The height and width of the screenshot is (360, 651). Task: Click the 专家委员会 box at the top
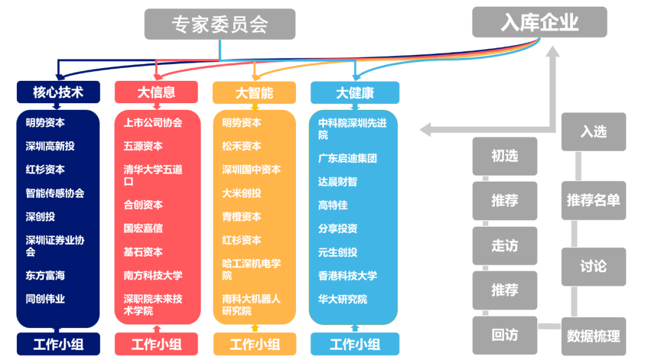tap(219, 24)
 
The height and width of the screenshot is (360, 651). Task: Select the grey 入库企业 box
tap(539, 22)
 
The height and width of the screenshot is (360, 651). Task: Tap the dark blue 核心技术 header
tap(58, 92)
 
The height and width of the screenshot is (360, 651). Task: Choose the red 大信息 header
tap(156, 92)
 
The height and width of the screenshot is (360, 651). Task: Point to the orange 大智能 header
tap(254, 92)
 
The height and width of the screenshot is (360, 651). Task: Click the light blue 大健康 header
tap(354, 92)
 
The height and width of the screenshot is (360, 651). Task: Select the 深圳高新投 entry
tap(50, 146)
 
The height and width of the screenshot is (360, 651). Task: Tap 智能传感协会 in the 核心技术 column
tap(55, 193)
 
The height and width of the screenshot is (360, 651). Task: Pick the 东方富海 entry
tap(45, 275)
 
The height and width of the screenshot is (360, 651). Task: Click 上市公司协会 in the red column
tap(153, 122)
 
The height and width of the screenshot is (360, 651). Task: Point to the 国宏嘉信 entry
tap(143, 228)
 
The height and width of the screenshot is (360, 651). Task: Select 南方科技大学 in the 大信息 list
tap(153, 275)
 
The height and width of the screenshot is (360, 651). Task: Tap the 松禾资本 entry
tap(241, 146)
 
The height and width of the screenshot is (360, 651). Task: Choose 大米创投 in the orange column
tap(241, 193)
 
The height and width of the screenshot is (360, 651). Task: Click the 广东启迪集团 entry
tap(347, 158)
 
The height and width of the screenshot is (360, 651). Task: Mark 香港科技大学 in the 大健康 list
tap(347, 276)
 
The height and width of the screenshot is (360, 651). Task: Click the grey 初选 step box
tap(505, 156)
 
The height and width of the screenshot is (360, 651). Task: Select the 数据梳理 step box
tap(593, 336)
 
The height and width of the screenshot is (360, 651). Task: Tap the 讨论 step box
tap(593, 266)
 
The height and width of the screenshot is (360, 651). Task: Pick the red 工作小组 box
tap(156, 344)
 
